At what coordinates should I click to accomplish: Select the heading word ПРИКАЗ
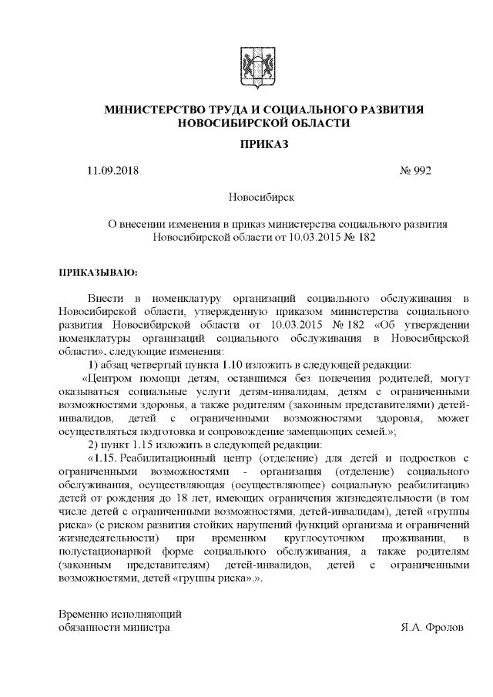[263, 144]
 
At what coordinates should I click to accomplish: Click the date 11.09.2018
[113, 171]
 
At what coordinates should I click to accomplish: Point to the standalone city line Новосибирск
[263, 198]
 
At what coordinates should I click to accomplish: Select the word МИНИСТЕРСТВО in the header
[155, 110]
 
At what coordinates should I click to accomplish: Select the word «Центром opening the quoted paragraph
[113, 378]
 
